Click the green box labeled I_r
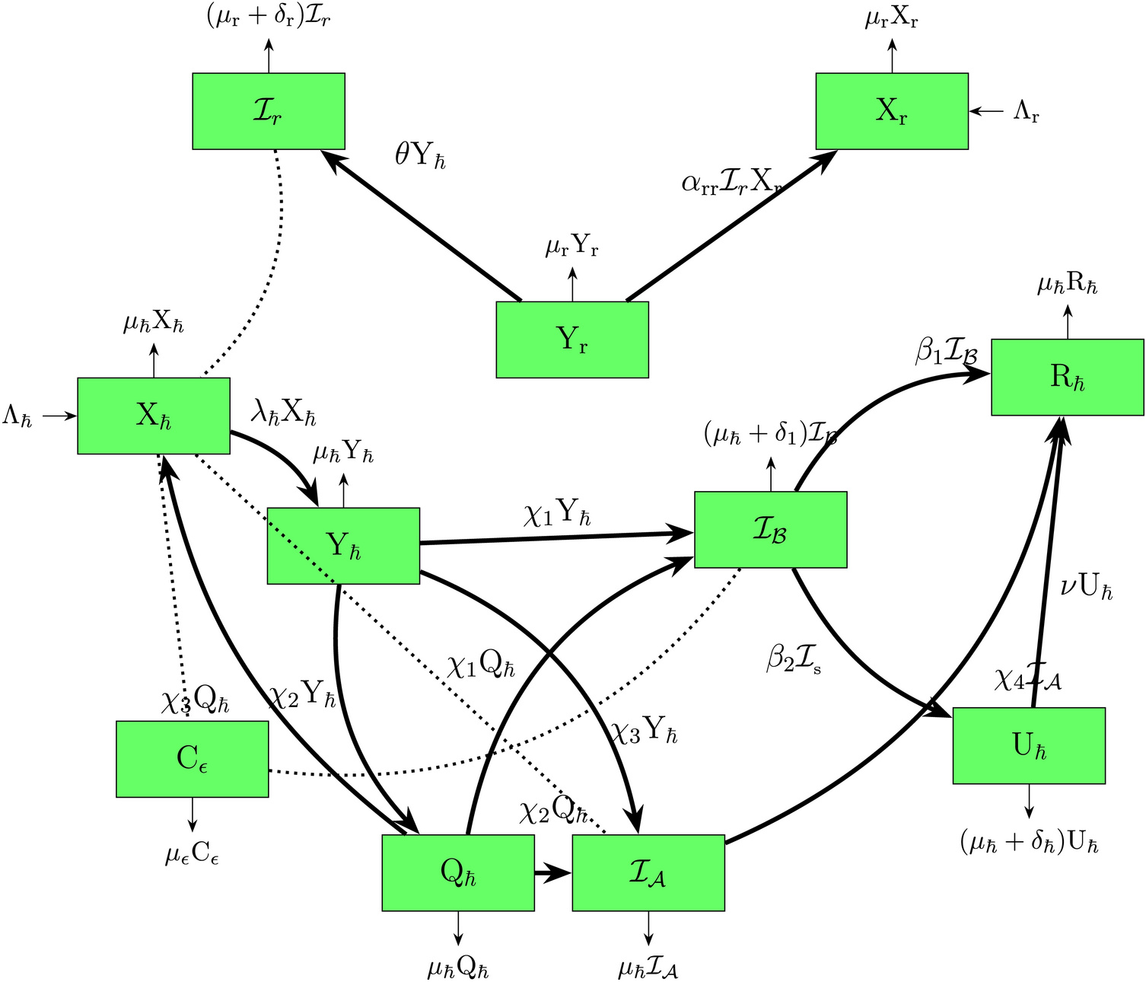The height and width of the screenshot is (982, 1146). (268, 111)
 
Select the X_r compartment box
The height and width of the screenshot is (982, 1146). (892, 111)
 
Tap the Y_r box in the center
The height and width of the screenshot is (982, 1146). (572, 340)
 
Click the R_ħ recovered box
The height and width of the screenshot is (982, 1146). (1067, 377)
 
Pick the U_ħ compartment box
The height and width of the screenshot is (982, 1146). (1029, 745)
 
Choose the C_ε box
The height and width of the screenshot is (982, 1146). (192, 759)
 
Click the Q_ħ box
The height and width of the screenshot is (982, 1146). (457, 872)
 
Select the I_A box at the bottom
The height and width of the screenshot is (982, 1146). (648, 872)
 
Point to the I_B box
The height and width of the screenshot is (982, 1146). (770, 530)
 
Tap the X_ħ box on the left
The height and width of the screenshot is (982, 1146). (153, 416)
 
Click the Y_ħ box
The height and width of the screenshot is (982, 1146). (342, 546)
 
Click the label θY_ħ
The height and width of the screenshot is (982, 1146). (420, 156)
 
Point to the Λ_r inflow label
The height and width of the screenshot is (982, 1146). (1026, 113)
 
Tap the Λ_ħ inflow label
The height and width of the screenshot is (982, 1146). (18, 417)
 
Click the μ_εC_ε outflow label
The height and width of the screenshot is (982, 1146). (192, 856)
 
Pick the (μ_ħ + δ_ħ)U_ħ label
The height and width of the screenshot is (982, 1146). (1029, 843)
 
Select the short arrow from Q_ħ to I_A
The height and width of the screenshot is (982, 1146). (552, 873)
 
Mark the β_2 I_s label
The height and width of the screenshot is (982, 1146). (793, 659)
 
